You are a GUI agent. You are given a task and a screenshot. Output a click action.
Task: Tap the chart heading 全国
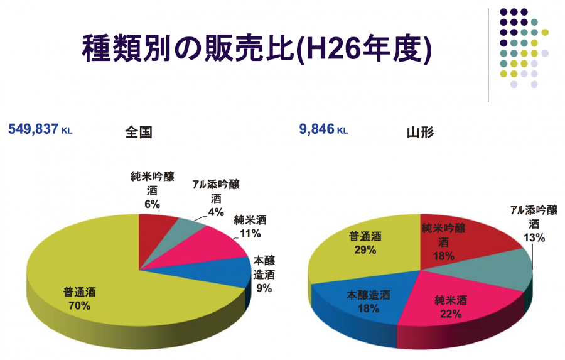click(139, 133)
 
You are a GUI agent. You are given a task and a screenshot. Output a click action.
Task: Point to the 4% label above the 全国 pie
click(216, 212)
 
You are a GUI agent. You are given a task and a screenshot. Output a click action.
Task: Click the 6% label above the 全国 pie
click(152, 204)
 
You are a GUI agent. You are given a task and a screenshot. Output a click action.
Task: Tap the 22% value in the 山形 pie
click(451, 314)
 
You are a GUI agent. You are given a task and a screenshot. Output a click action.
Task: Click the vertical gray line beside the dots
click(488, 55)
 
